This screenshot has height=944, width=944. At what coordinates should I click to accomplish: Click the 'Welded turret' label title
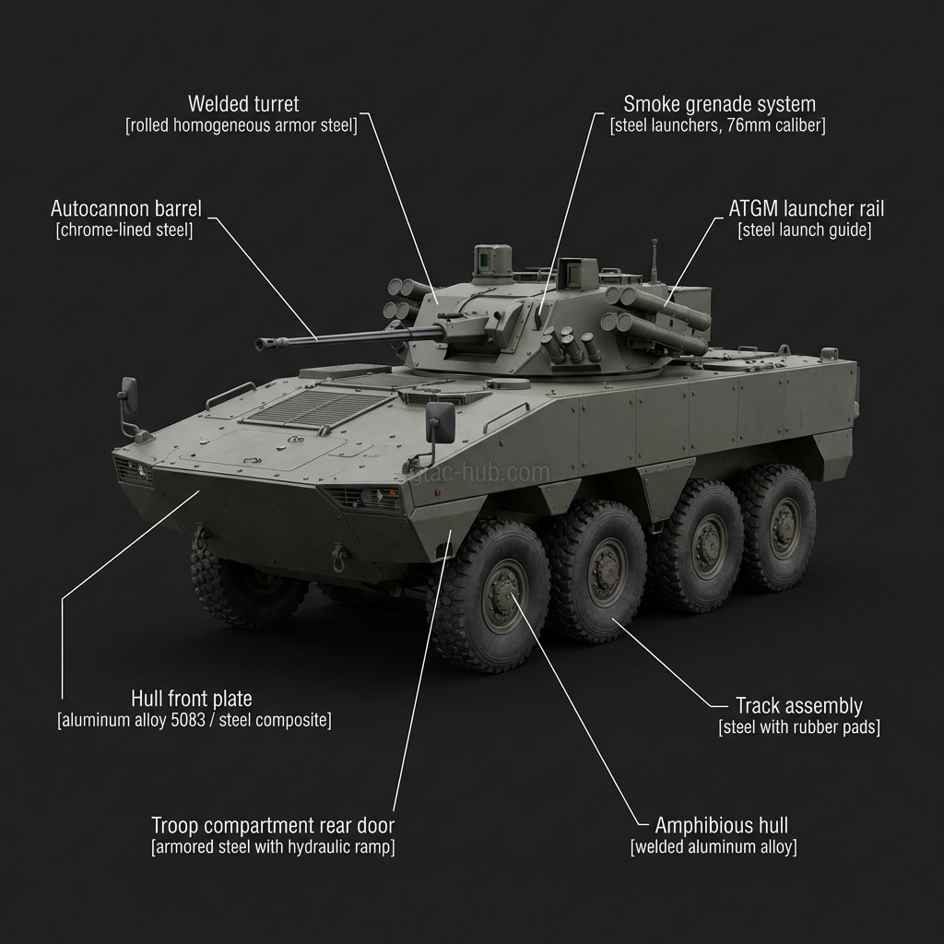[243, 103]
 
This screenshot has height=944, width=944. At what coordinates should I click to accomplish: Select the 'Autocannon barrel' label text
[125, 208]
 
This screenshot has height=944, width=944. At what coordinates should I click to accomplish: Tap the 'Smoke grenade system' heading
[719, 103]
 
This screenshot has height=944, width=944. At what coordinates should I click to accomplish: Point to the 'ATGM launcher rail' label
[806, 208]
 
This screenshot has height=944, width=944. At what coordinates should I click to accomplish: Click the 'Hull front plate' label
[192, 699]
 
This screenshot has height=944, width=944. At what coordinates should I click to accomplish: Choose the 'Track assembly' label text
[798, 706]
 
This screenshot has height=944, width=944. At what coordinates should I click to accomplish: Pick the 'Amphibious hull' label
[721, 825]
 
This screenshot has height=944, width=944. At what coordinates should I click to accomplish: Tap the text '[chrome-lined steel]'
[124, 230]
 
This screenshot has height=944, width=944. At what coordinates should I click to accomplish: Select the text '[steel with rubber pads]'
[798, 728]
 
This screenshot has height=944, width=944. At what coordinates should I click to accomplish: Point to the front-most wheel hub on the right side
[502, 595]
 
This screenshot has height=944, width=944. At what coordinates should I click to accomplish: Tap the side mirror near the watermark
[441, 422]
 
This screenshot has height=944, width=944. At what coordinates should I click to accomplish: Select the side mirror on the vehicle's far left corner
[129, 396]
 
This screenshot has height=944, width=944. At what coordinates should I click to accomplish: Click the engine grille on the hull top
[318, 404]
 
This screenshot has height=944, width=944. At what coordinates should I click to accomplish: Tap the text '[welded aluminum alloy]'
[714, 847]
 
